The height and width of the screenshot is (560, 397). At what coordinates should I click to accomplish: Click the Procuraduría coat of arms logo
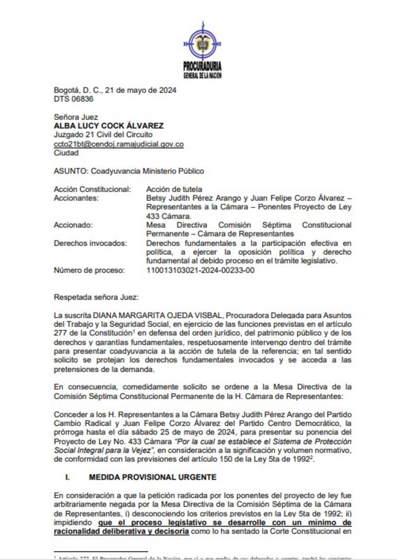pyautogui.click(x=202, y=44)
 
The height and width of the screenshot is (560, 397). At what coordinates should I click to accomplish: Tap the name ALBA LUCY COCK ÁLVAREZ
pyautogui.click(x=109, y=126)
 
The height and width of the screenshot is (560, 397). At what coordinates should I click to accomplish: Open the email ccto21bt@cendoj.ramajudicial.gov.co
pyautogui.click(x=119, y=144)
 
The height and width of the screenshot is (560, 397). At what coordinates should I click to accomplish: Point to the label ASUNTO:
pyautogui.click(x=71, y=171)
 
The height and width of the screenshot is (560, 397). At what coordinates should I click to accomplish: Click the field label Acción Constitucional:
pyautogui.click(x=92, y=189)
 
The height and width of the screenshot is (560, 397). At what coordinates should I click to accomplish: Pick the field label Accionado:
pyautogui.click(x=73, y=225)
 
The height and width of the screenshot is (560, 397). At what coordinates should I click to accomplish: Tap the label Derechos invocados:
pyautogui.click(x=90, y=243)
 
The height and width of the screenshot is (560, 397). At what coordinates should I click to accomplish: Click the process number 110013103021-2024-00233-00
pyautogui.click(x=201, y=270)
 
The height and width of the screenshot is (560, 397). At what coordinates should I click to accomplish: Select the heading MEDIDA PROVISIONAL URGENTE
pyautogui.click(x=153, y=477)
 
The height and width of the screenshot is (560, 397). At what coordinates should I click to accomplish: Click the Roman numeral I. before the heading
pyautogui.click(x=67, y=477)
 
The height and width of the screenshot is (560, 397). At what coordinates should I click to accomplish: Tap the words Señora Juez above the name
pyautogui.click(x=76, y=117)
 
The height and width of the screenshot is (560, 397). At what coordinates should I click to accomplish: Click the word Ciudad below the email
pyautogui.click(x=66, y=153)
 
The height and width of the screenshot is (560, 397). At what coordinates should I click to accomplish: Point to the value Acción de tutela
pyautogui.click(x=174, y=189)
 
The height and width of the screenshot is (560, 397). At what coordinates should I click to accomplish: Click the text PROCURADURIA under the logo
pyautogui.click(x=202, y=66)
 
